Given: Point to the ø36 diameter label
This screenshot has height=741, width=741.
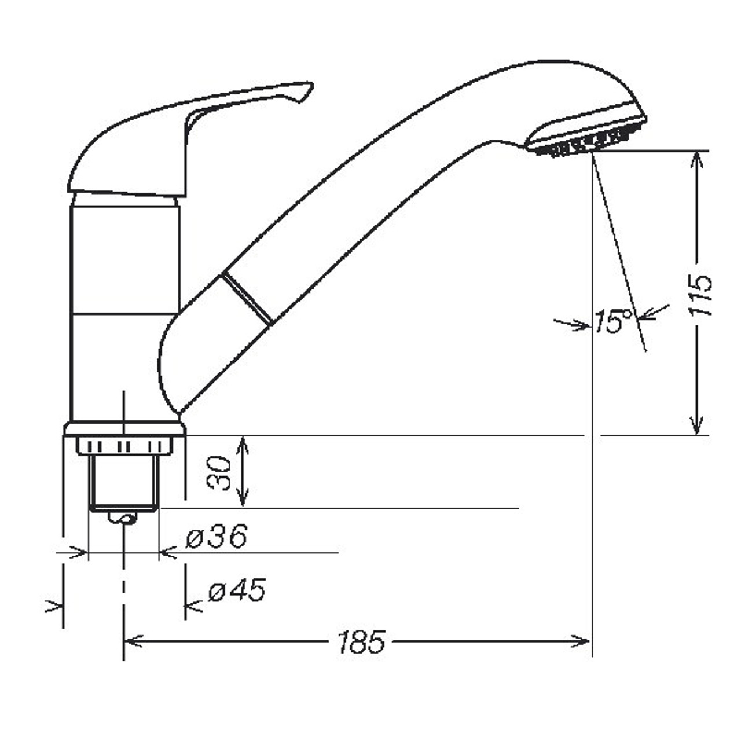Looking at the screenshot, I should [x=217, y=537].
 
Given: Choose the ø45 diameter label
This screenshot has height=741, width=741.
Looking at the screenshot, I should [x=237, y=591].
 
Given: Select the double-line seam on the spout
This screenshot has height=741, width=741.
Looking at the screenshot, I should [x=247, y=299].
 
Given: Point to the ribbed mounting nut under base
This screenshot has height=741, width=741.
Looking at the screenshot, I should [x=124, y=446].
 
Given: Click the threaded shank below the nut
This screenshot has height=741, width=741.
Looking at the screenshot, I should [x=123, y=480].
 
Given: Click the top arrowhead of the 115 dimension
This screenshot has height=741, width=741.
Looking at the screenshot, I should [x=699, y=159].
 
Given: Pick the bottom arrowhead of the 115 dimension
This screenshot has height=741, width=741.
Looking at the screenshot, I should [x=699, y=427].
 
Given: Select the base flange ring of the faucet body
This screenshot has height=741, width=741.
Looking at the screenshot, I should [x=124, y=429].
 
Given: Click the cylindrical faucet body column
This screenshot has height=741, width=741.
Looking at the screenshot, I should [x=124, y=307].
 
